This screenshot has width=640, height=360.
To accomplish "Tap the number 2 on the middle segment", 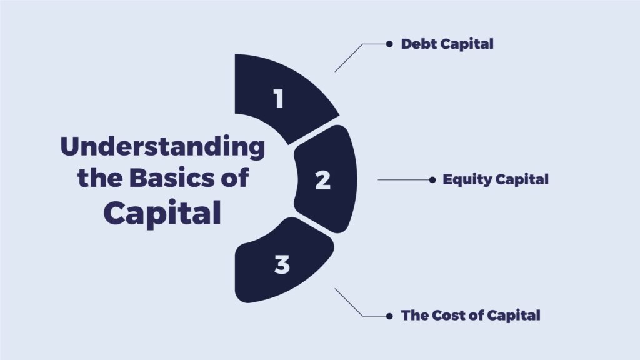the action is coord(323,180).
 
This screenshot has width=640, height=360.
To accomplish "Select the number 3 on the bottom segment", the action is coord(282,264).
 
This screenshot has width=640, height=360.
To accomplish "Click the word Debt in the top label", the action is coord(418,44).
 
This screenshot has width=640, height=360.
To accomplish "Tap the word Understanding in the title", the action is coord(162,147).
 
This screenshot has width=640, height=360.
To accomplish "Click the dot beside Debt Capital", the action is coord(389,44).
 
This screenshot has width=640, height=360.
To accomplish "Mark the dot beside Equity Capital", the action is coord(432,179).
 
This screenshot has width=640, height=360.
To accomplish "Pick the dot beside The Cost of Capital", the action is coord(389,316).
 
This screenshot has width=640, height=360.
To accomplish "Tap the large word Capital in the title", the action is coord(162,214).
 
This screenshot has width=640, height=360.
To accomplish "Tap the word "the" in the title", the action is coord(100,178).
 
